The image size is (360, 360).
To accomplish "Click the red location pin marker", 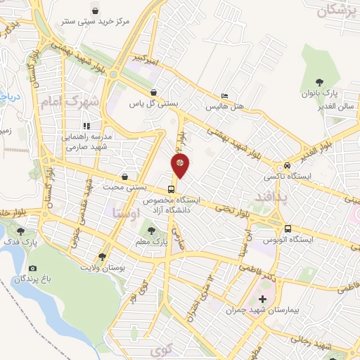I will [181, 165].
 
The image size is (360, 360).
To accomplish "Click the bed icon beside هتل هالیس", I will [224, 96].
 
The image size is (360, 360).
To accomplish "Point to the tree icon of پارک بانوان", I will [319, 81].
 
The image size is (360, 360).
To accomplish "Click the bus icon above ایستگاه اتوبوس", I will [288, 228].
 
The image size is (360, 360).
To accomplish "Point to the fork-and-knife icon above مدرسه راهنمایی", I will [87, 126].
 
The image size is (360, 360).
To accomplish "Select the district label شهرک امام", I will [67, 102].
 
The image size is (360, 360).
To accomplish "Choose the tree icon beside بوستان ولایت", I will [103, 257].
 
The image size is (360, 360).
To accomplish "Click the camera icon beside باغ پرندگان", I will [32, 268].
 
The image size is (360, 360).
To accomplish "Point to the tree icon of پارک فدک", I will [20, 231].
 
